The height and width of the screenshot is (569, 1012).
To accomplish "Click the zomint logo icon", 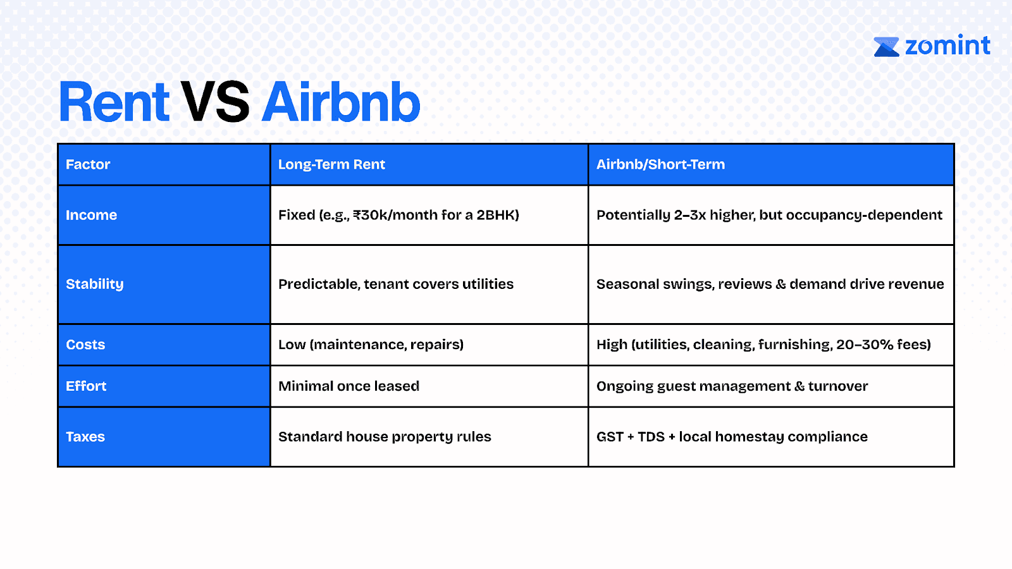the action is pos(886,47).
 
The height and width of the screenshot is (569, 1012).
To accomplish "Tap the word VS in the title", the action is pos(215,102).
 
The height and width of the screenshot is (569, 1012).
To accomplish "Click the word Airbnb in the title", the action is pos(341,102).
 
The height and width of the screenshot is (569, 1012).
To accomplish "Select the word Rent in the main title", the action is pos(114,102).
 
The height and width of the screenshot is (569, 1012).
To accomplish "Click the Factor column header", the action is pos(88,164).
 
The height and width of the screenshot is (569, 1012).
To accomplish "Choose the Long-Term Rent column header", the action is pos(331,164).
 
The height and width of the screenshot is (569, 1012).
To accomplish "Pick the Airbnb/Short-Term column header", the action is pos(660,164).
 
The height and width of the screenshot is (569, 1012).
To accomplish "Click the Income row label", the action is pos(91,215).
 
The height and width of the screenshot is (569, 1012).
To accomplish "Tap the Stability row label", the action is pos(94,284).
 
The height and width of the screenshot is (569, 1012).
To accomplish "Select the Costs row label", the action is pos(85,345).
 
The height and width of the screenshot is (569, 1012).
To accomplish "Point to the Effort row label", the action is pos(86,386).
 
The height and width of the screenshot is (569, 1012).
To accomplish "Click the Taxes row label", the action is pos(85,437).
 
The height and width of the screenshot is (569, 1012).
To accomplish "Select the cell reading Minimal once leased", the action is pos(349,386).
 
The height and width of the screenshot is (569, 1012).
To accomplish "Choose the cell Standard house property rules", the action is pos(385,437).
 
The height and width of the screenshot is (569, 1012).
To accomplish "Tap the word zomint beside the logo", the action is pos(948,46).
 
